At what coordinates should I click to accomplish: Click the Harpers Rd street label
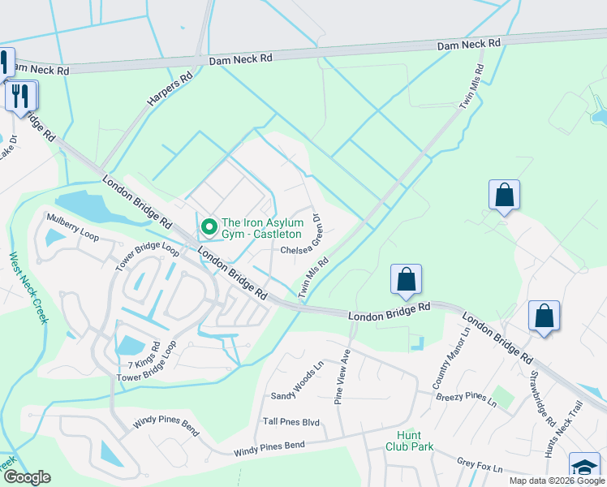(x=169, y=90)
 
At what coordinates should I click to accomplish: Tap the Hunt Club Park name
(x=409, y=441)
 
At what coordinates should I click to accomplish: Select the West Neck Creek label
(x=27, y=287)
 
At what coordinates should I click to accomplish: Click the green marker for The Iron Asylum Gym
(x=208, y=226)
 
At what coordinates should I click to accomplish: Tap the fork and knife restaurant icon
(x=20, y=95)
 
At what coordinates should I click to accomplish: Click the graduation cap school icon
(x=583, y=467)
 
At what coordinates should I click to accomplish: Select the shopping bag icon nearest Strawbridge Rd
(x=544, y=316)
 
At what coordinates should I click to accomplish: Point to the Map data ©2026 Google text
(x=556, y=481)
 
